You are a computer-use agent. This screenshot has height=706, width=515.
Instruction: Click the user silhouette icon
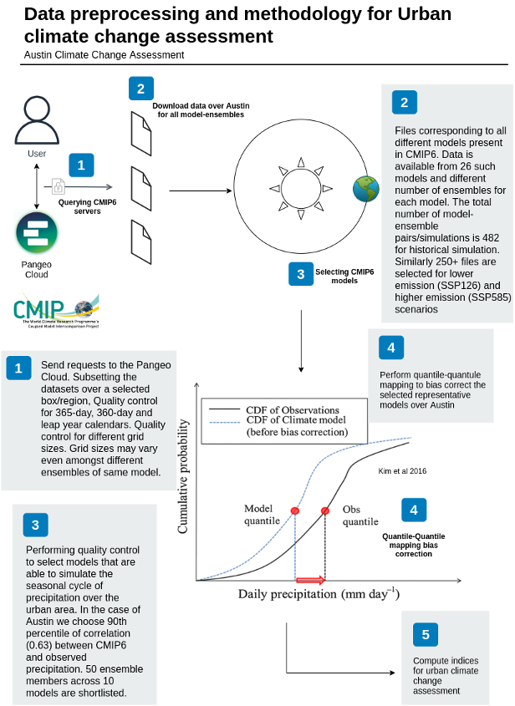[x=37, y=119]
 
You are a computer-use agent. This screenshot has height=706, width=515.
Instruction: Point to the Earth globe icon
[x=365, y=189]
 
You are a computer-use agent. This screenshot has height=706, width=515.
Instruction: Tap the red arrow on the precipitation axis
[x=310, y=579]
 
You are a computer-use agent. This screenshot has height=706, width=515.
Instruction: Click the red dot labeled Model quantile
[x=294, y=510]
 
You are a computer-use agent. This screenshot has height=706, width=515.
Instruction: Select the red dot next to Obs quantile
[x=325, y=510]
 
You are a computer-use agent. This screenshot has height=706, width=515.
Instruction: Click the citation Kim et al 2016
[x=403, y=471]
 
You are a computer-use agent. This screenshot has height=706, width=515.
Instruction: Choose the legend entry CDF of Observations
[x=292, y=410]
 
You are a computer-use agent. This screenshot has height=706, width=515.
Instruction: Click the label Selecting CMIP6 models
[x=342, y=275]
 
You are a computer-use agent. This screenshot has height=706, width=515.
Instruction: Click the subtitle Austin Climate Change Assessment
[x=105, y=55]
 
